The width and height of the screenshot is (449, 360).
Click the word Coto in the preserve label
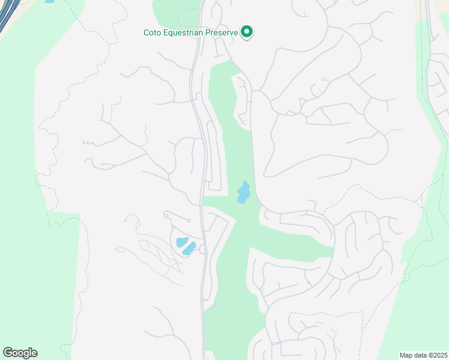[x=152, y=32]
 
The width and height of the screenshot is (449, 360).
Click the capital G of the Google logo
[x=7, y=353]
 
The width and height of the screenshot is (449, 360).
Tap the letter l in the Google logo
[x=30, y=353]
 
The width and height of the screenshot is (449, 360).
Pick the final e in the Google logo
[x=34, y=353]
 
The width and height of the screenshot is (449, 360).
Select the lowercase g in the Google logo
[x=25, y=354]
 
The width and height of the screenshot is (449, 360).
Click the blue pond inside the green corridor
[x=244, y=193]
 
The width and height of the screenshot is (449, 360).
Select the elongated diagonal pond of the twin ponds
[x=189, y=248]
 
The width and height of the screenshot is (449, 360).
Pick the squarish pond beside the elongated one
[x=181, y=242]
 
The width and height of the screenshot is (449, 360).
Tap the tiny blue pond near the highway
[x=49, y=1]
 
